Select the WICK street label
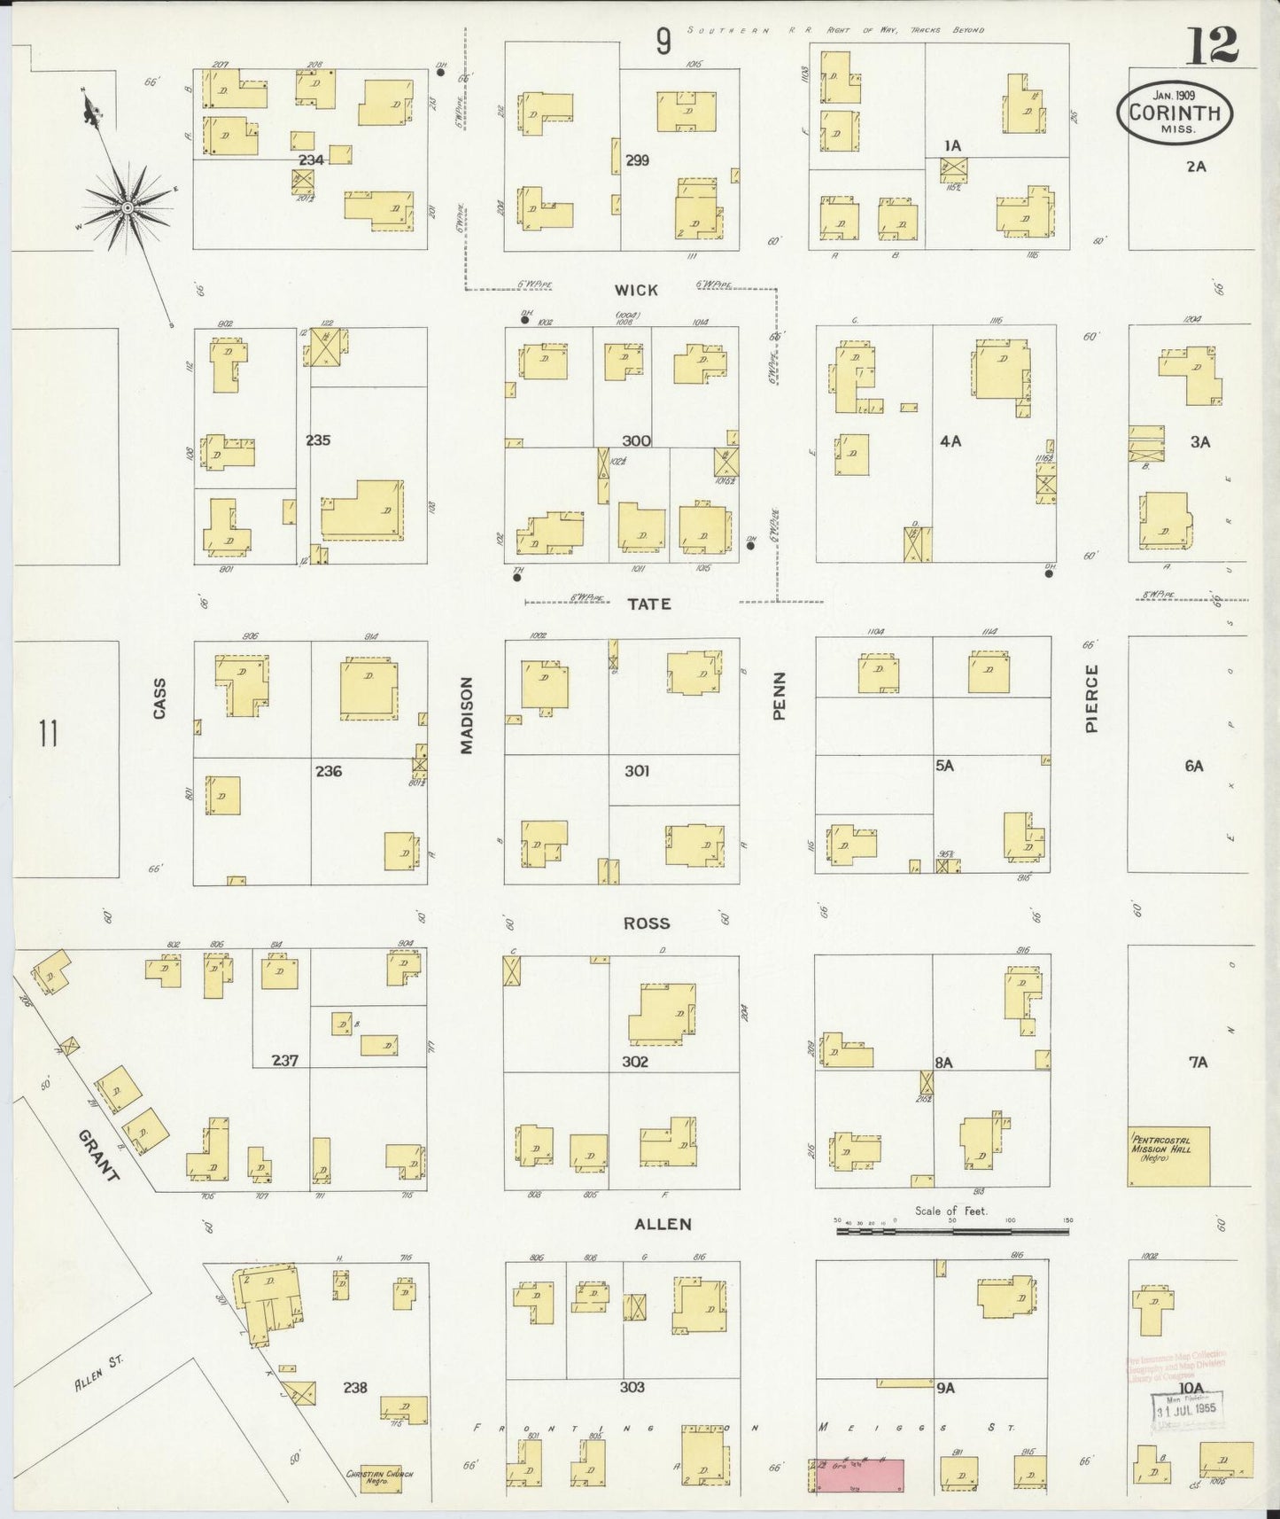click(x=636, y=290)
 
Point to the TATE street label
click(x=649, y=604)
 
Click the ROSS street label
click(x=646, y=923)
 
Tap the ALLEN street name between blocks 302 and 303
click(x=663, y=1224)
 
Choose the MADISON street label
click(x=467, y=715)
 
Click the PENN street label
click(x=780, y=695)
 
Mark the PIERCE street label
click(x=1091, y=699)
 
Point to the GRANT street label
click(x=98, y=1155)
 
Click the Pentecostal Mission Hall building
click(x=1168, y=1156)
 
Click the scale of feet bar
click(x=952, y=1232)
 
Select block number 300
click(x=636, y=440)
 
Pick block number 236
click(x=328, y=771)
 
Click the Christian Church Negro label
click(x=380, y=1477)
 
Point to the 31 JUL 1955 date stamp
click(x=1185, y=1407)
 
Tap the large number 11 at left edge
click(x=49, y=735)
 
